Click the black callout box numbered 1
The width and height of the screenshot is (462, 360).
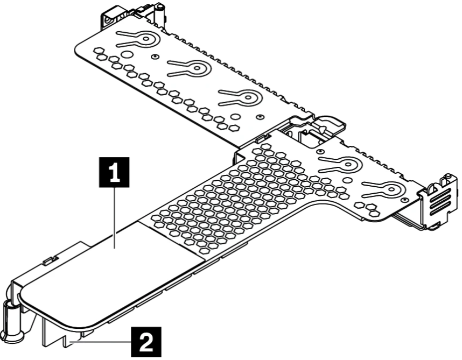pyautogui.click(x=114, y=172)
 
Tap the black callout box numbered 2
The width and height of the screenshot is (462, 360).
pyautogui.click(x=146, y=342)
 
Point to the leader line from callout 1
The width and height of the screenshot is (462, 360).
pyautogui.click(x=114, y=217)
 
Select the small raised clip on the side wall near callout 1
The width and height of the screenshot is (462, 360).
pyautogui.click(x=49, y=260)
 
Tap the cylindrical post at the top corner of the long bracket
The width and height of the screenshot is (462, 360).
pyautogui.click(x=159, y=11)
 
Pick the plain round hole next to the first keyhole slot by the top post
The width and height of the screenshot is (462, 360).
pyautogui.click(x=127, y=54)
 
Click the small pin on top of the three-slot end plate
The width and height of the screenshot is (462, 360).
pyautogui.click(x=447, y=178)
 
